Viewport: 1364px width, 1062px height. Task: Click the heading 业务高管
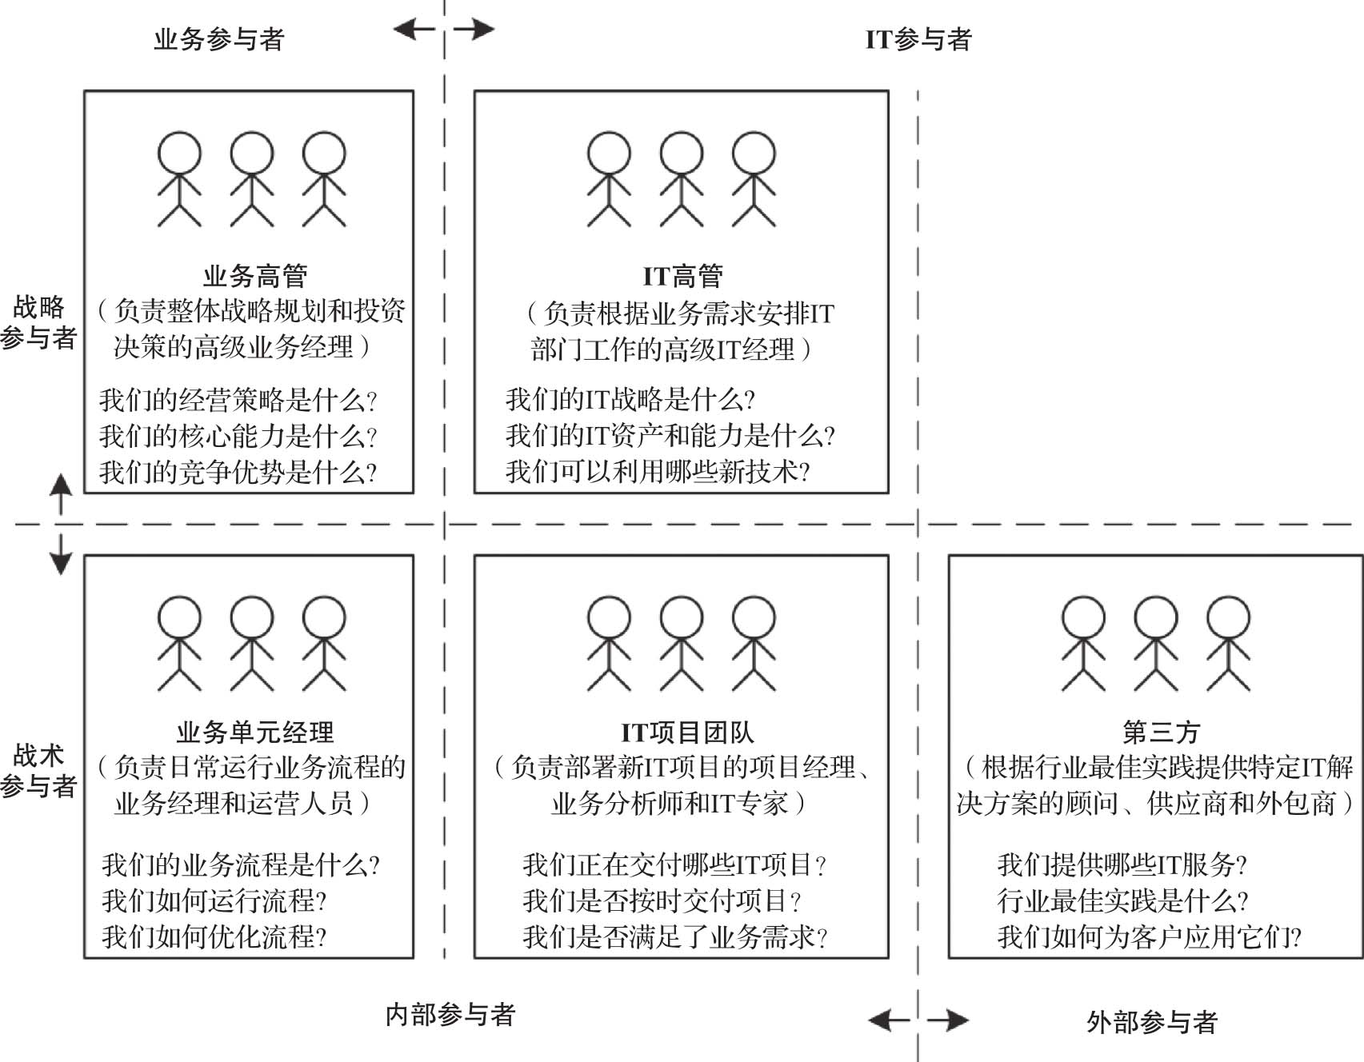pos(255,277)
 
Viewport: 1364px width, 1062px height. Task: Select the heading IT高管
pos(682,277)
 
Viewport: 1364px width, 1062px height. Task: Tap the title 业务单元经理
pos(255,733)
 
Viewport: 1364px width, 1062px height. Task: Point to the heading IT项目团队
pos(687,733)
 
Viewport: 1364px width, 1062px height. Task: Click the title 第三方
pos(1161,733)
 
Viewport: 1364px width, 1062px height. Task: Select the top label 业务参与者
pos(219,39)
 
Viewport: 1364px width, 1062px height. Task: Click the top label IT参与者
pos(918,39)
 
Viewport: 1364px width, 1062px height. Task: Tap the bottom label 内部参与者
pos(450,1015)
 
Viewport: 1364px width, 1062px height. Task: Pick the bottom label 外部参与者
pos(1152,1021)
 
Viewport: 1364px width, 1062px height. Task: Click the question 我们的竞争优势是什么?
pos(238,473)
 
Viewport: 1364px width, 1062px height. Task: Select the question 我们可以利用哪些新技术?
pos(658,471)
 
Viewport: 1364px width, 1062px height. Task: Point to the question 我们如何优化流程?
pos(214,936)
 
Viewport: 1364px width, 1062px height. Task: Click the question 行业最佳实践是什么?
pos(1122,900)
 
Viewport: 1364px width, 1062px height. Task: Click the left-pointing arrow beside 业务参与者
pos(414,30)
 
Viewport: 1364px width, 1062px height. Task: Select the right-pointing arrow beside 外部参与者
pos(948,1020)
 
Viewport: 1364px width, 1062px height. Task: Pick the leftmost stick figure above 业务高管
pos(179,179)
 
